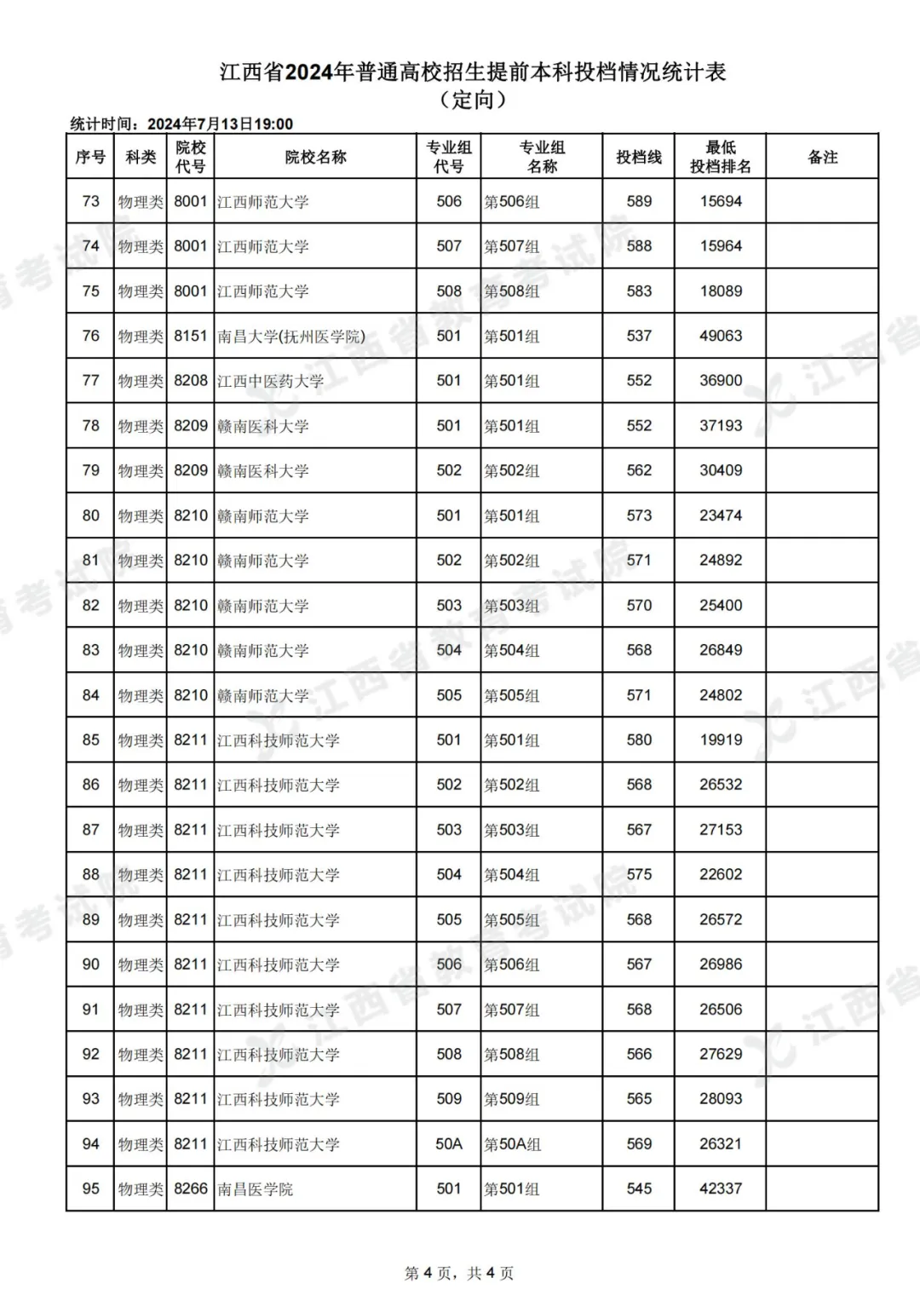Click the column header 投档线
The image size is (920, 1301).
click(x=638, y=157)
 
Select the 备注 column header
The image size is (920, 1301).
click(x=822, y=157)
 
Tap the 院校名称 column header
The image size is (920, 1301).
click(x=315, y=157)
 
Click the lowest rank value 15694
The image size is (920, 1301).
click(x=721, y=202)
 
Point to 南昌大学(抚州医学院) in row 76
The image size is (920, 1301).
click(x=291, y=337)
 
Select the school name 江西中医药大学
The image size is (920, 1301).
click(x=270, y=381)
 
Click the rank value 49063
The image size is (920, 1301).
click(x=721, y=336)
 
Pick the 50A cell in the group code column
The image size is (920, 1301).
click(x=449, y=1144)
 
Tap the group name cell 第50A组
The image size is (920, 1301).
click(x=513, y=1144)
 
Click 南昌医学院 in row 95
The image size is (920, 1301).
click(x=255, y=1189)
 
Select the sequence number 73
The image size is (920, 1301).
click(x=90, y=202)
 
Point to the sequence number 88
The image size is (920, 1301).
click(x=90, y=875)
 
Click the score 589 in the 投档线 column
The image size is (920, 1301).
click(x=639, y=202)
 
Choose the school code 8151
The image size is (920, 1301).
click(x=191, y=336)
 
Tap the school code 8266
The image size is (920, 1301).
click(x=191, y=1189)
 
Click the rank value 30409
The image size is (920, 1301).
click(x=721, y=470)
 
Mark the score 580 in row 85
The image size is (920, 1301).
click(x=639, y=740)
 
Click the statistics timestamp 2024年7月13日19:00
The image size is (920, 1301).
click(x=220, y=124)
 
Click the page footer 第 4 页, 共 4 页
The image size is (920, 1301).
click(x=459, y=1274)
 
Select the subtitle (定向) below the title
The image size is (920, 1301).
click(x=473, y=100)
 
